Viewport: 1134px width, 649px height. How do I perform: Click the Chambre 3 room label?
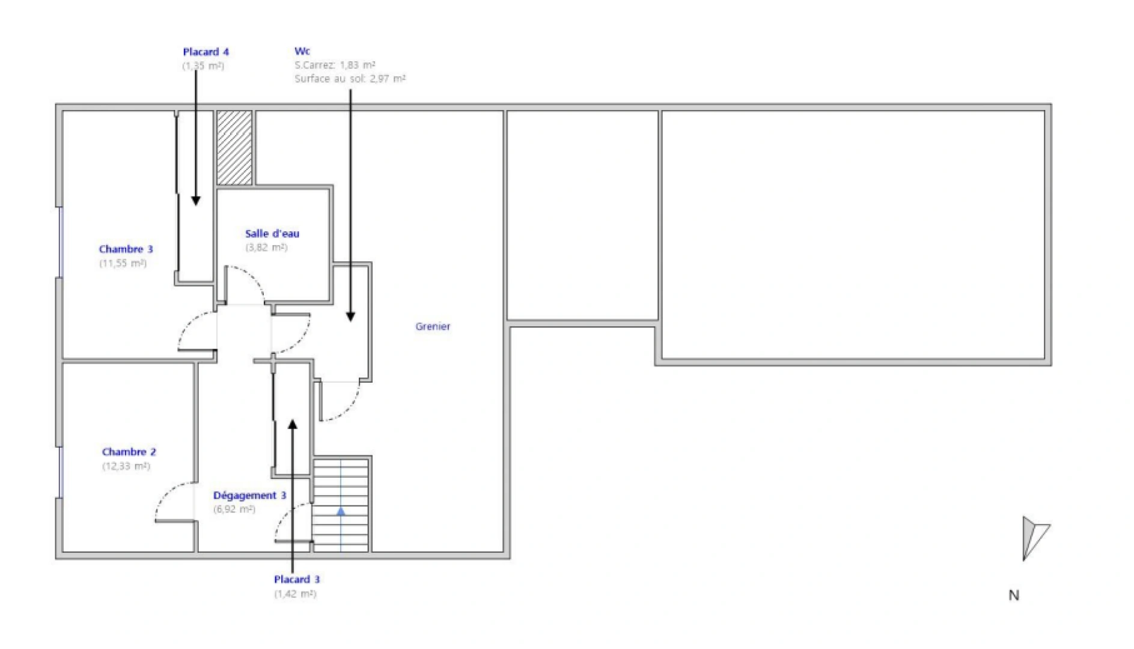[x=126, y=249]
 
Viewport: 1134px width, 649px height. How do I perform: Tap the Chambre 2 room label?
[x=129, y=452]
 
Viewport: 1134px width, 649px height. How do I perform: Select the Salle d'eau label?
[x=272, y=234]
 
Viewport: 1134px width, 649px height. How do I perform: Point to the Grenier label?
[x=433, y=326]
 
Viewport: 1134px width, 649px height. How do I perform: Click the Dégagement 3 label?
[x=249, y=496]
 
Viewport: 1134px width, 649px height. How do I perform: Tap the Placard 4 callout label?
[x=206, y=52]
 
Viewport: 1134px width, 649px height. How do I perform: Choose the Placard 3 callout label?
[x=297, y=580]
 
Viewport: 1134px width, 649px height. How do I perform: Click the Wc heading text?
[x=302, y=51]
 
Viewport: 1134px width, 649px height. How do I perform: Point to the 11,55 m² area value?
[x=123, y=263]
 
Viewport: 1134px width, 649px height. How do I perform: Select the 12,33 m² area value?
[x=126, y=466]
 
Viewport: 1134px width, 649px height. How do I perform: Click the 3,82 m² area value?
[x=266, y=248]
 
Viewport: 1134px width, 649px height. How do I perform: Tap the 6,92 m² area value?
[x=234, y=510]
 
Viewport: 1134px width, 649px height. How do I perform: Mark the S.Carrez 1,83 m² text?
[x=335, y=65]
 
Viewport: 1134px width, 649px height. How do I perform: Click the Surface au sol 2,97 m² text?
[x=350, y=79]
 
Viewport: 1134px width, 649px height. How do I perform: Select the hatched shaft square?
[x=234, y=148]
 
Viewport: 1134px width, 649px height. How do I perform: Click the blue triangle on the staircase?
[x=341, y=512]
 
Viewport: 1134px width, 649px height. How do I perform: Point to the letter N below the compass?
[x=1014, y=596]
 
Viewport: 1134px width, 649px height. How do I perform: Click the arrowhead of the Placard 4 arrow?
[x=196, y=201]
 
